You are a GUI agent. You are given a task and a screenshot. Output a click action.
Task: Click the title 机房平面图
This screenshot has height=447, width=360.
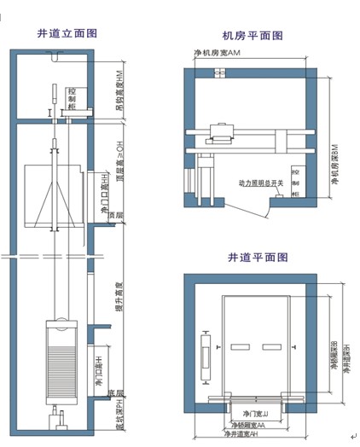[253, 36]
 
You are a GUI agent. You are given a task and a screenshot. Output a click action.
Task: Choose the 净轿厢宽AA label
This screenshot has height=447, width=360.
[248, 425]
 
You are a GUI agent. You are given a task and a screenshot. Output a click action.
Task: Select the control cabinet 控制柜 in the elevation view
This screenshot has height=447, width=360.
[72, 99]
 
